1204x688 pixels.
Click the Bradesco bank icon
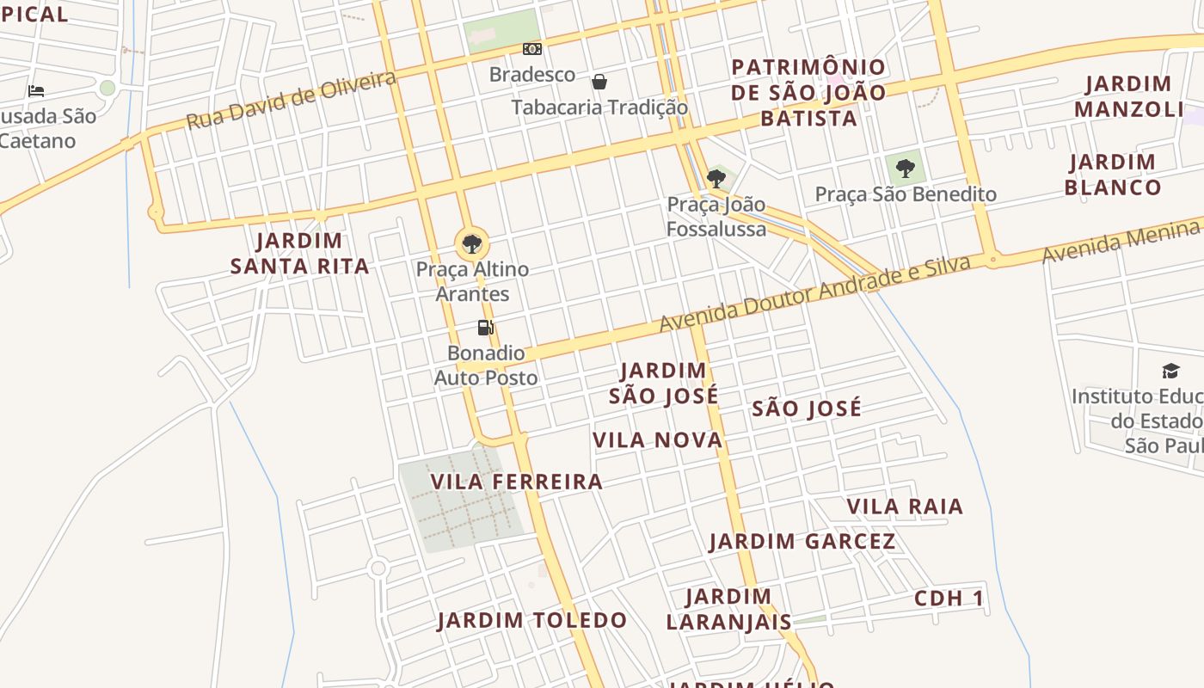coord(532,49)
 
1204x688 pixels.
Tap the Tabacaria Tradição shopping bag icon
coord(599,82)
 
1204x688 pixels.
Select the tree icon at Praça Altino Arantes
coord(471,243)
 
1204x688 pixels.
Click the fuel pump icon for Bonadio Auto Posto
coord(486,328)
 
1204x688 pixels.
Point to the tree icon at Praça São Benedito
coord(905,169)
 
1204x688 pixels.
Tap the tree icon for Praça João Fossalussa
coord(716,179)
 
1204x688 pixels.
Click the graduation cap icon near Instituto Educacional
coord(1170,371)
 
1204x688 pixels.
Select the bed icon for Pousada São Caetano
coord(35,90)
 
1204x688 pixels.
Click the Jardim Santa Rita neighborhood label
coord(299,254)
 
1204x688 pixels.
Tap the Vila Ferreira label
coord(517,482)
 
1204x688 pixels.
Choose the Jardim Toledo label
coord(531,620)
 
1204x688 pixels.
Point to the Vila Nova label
coord(658,440)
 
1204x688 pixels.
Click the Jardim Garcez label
coord(802,542)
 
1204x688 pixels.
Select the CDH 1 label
coord(949,599)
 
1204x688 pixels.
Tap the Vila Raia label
coord(905,507)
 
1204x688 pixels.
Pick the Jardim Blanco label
coord(1113,175)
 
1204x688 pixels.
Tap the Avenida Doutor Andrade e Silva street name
coord(815,294)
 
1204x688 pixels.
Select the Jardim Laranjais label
coord(728,609)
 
